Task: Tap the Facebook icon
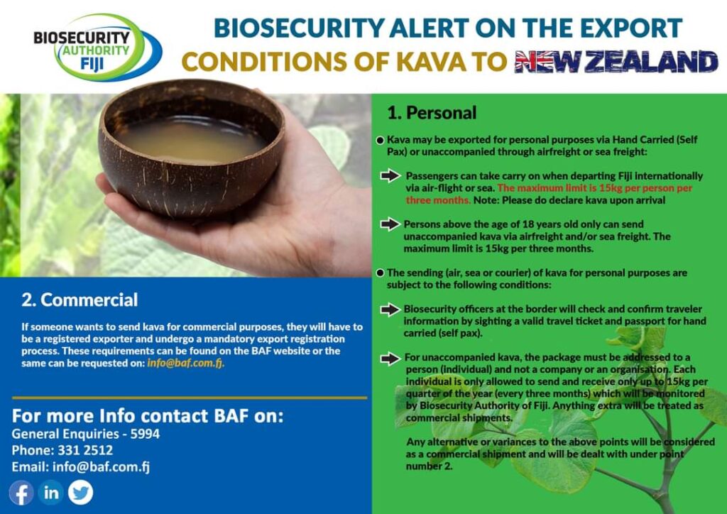tap(21, 493)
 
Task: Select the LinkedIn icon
tap(51, 493)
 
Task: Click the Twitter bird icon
tap(81, 493)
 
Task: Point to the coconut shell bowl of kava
tap(190, 148)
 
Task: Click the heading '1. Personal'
tap(432, 113)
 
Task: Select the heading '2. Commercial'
tap(80, 300)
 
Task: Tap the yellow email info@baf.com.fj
tap(185, 363)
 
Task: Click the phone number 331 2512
tap(85, 450)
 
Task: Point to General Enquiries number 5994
tap(145, 434)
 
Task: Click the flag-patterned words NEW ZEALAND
tap(616, 62)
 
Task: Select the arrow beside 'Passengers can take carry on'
tap(390, 175)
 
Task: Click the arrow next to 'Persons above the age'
tap(390, 224)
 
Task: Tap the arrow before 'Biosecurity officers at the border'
tap(390, 310)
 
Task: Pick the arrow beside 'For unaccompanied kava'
tap(390, 359)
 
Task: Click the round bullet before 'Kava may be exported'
tap(381, 140)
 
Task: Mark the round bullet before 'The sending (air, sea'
tap(381, 273)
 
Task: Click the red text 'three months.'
tap(438, 200)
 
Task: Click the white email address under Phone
tap(101, 466)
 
